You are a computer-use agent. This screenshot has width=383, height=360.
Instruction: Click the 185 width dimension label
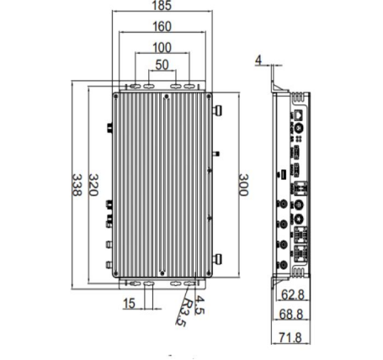tap(162, 6)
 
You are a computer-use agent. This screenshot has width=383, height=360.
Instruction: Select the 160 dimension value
tap(162, 27)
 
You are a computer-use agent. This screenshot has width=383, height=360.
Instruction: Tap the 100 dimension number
tap(162, 48)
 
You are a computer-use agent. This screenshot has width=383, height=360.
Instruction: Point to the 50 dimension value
tap(162, 65)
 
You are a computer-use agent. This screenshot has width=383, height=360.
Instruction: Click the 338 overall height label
tap(77, 185)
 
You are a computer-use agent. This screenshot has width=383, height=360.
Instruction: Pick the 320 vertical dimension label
tap(93, 185)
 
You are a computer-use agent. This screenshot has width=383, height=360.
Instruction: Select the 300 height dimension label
tap(243, 185)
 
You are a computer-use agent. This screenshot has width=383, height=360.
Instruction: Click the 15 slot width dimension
tap(129, 304)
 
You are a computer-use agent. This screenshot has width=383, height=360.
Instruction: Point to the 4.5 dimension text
tap(199, 305)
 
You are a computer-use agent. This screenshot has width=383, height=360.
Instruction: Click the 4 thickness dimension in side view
tap(258, 60)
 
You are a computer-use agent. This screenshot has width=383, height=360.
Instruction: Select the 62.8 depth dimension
tap(293, 295)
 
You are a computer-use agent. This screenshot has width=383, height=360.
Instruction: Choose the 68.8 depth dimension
tap(291, 315)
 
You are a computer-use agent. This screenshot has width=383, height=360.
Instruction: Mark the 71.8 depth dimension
tap(290, 337)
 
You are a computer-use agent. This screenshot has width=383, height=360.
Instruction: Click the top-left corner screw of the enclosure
tap(116, 97)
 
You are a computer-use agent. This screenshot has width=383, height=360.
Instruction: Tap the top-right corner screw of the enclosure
tap(209, 97)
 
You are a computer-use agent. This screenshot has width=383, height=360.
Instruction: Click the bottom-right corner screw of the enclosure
tap(209, 273)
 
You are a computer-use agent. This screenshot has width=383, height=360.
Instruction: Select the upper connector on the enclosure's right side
tap(217, 110)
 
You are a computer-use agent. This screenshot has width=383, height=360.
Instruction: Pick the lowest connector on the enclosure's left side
tap(109, 265)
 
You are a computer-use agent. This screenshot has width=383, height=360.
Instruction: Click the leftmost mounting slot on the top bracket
tap(135, 86)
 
